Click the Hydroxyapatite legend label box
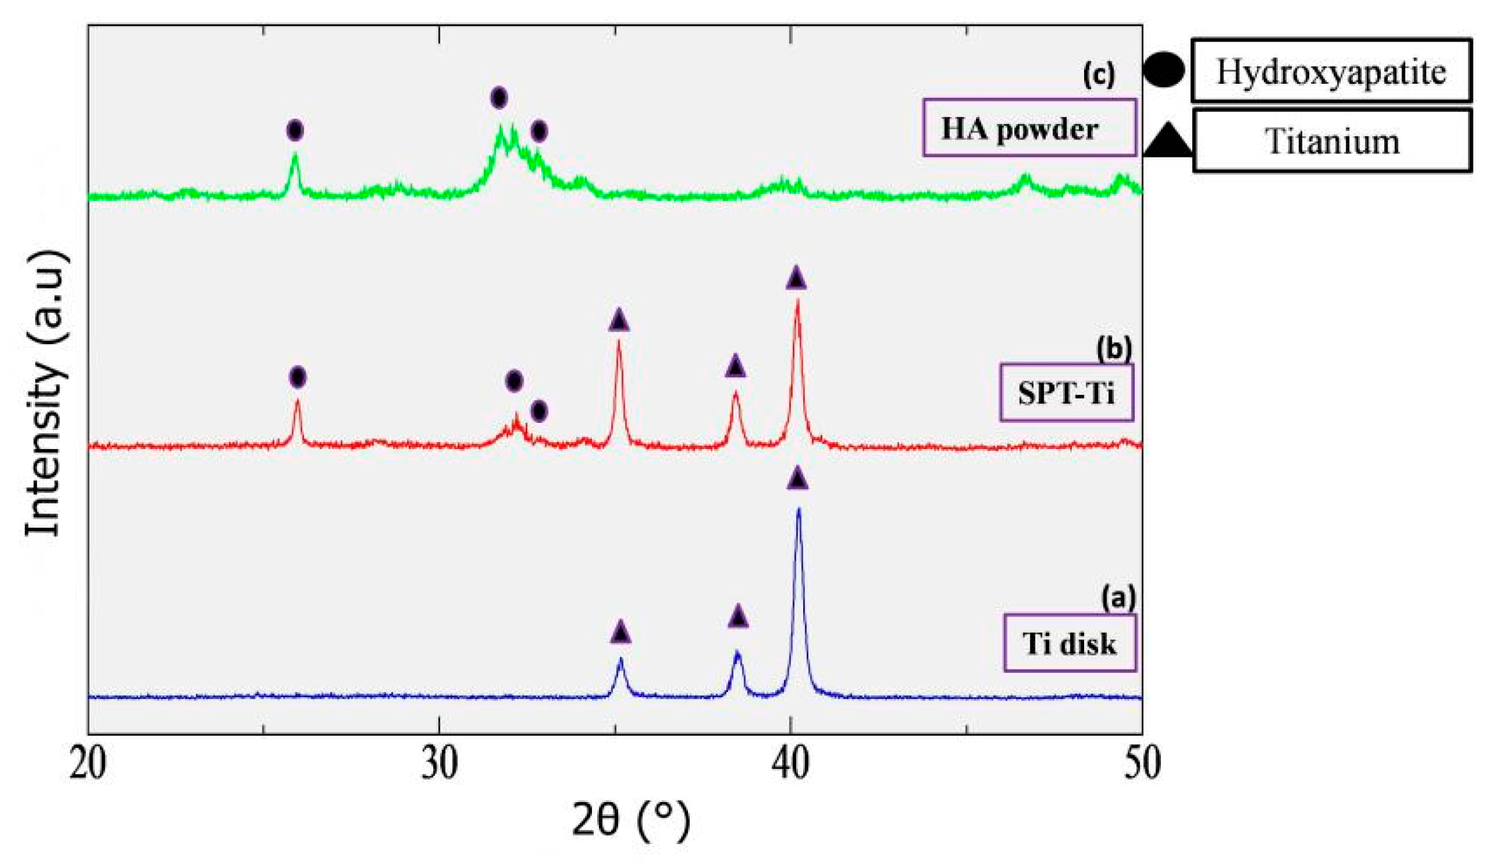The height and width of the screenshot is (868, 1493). pos(1330,71)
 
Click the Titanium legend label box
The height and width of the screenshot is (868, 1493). pos(1332,141)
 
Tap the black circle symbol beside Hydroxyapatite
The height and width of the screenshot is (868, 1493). pos(1163,70)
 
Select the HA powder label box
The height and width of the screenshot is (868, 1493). pos(1028,128)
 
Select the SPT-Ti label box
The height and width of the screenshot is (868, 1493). pos(1066,392)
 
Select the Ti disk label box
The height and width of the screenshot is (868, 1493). pos(1069,643)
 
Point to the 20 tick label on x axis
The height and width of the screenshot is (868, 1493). pos(88,763)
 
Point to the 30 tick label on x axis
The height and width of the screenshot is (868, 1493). pos(439,763)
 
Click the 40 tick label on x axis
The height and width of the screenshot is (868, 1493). pos(790,763)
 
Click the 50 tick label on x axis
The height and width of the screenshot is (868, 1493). pos(1142,763)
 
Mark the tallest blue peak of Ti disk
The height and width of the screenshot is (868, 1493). pos(798,510)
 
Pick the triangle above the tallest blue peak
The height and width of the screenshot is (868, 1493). pos(797,478)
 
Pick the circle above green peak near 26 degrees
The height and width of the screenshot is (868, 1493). pos(294,130)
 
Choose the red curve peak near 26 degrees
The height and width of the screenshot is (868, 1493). pos(297,402)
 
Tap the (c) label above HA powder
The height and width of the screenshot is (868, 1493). pos(1098,75)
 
